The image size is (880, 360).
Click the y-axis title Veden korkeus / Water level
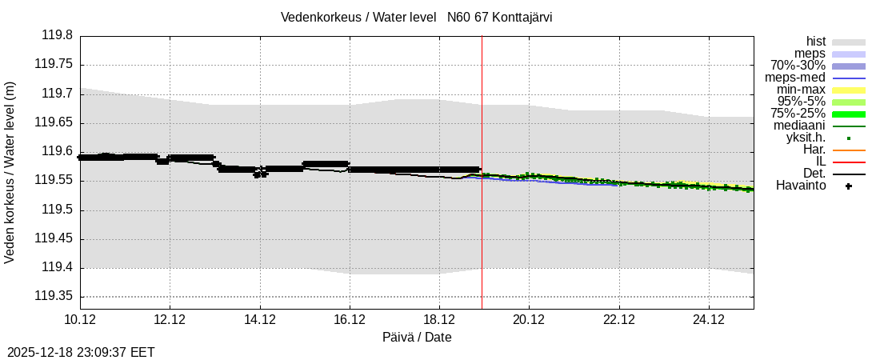(10, 172)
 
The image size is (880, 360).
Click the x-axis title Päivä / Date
(416, 337)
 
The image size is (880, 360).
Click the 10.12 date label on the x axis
(80, 320)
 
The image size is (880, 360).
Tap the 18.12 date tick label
(439, 320)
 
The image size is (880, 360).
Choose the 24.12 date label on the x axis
(709, 320)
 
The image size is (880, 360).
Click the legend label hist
(816, 42)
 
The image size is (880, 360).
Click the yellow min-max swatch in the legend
(848, 90)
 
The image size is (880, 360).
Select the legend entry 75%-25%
(798, 114)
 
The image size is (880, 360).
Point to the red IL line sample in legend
(848, 162)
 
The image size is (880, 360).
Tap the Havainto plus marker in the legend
(848, 186)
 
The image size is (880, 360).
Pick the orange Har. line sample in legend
(848, 150)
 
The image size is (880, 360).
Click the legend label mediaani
(799, 126)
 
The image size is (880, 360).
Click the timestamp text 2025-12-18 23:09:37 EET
(81, 352)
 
